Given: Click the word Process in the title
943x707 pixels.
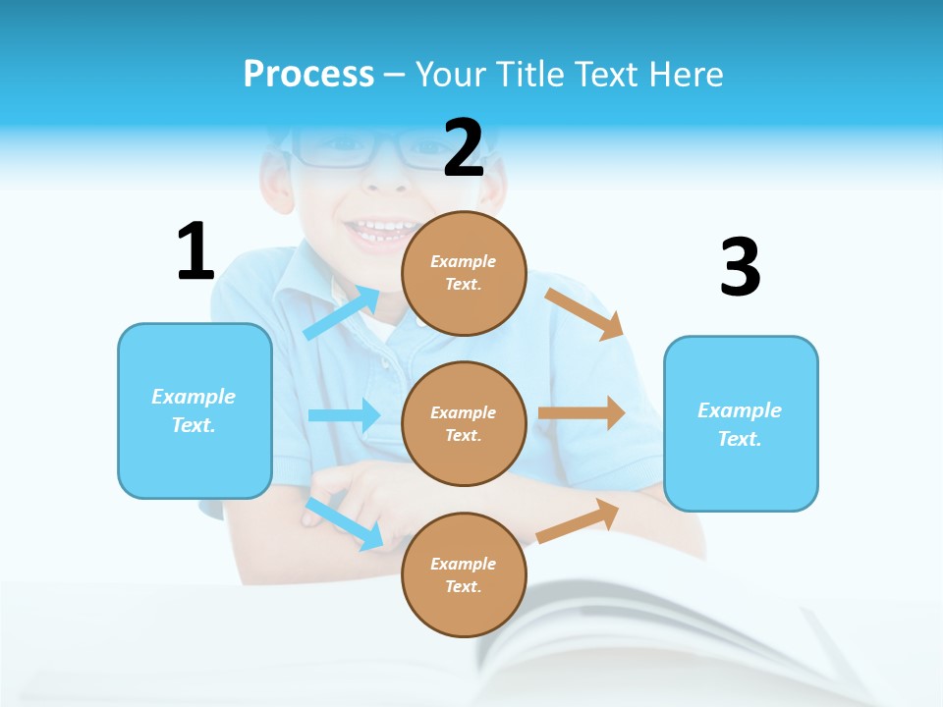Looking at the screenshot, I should coord(308,74).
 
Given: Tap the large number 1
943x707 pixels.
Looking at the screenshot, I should coord(195,252).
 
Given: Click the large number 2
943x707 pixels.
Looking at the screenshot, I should coord(464,149).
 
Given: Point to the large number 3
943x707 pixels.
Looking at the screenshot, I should coord(740,268).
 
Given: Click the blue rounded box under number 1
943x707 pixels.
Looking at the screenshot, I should coord(194,410).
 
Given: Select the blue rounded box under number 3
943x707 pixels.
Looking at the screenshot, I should coord(741,423).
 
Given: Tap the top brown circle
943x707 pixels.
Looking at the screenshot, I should coord(464,273).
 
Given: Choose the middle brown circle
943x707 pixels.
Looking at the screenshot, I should coord(464,423).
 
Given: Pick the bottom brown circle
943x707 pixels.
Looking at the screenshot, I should coord(464,574).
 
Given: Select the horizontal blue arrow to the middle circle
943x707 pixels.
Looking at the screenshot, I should coord(344,415).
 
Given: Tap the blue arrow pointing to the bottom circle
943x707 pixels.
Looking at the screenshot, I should coord(345,522).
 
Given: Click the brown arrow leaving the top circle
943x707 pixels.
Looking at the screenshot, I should coord(585,313).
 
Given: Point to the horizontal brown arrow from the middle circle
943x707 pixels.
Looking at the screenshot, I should coord(582,412).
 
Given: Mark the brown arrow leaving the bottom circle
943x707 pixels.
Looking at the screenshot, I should coord(579,520).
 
